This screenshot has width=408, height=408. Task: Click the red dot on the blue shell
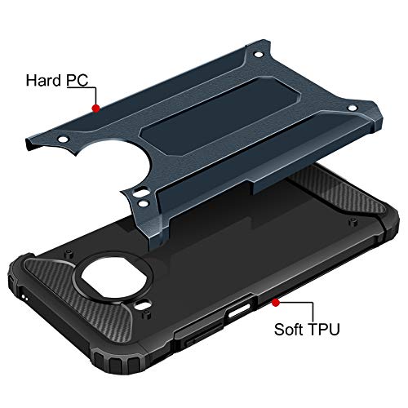[96, 107]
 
